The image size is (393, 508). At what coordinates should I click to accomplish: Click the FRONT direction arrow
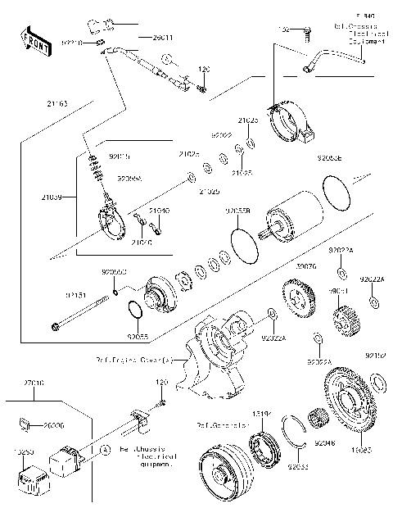[x=31, y=40]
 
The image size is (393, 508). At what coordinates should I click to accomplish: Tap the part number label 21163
[x=34, y=105]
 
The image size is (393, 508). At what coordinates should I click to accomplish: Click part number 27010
[x=34, y=382]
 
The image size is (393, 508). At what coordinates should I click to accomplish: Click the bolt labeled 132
[x=307, y=33]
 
